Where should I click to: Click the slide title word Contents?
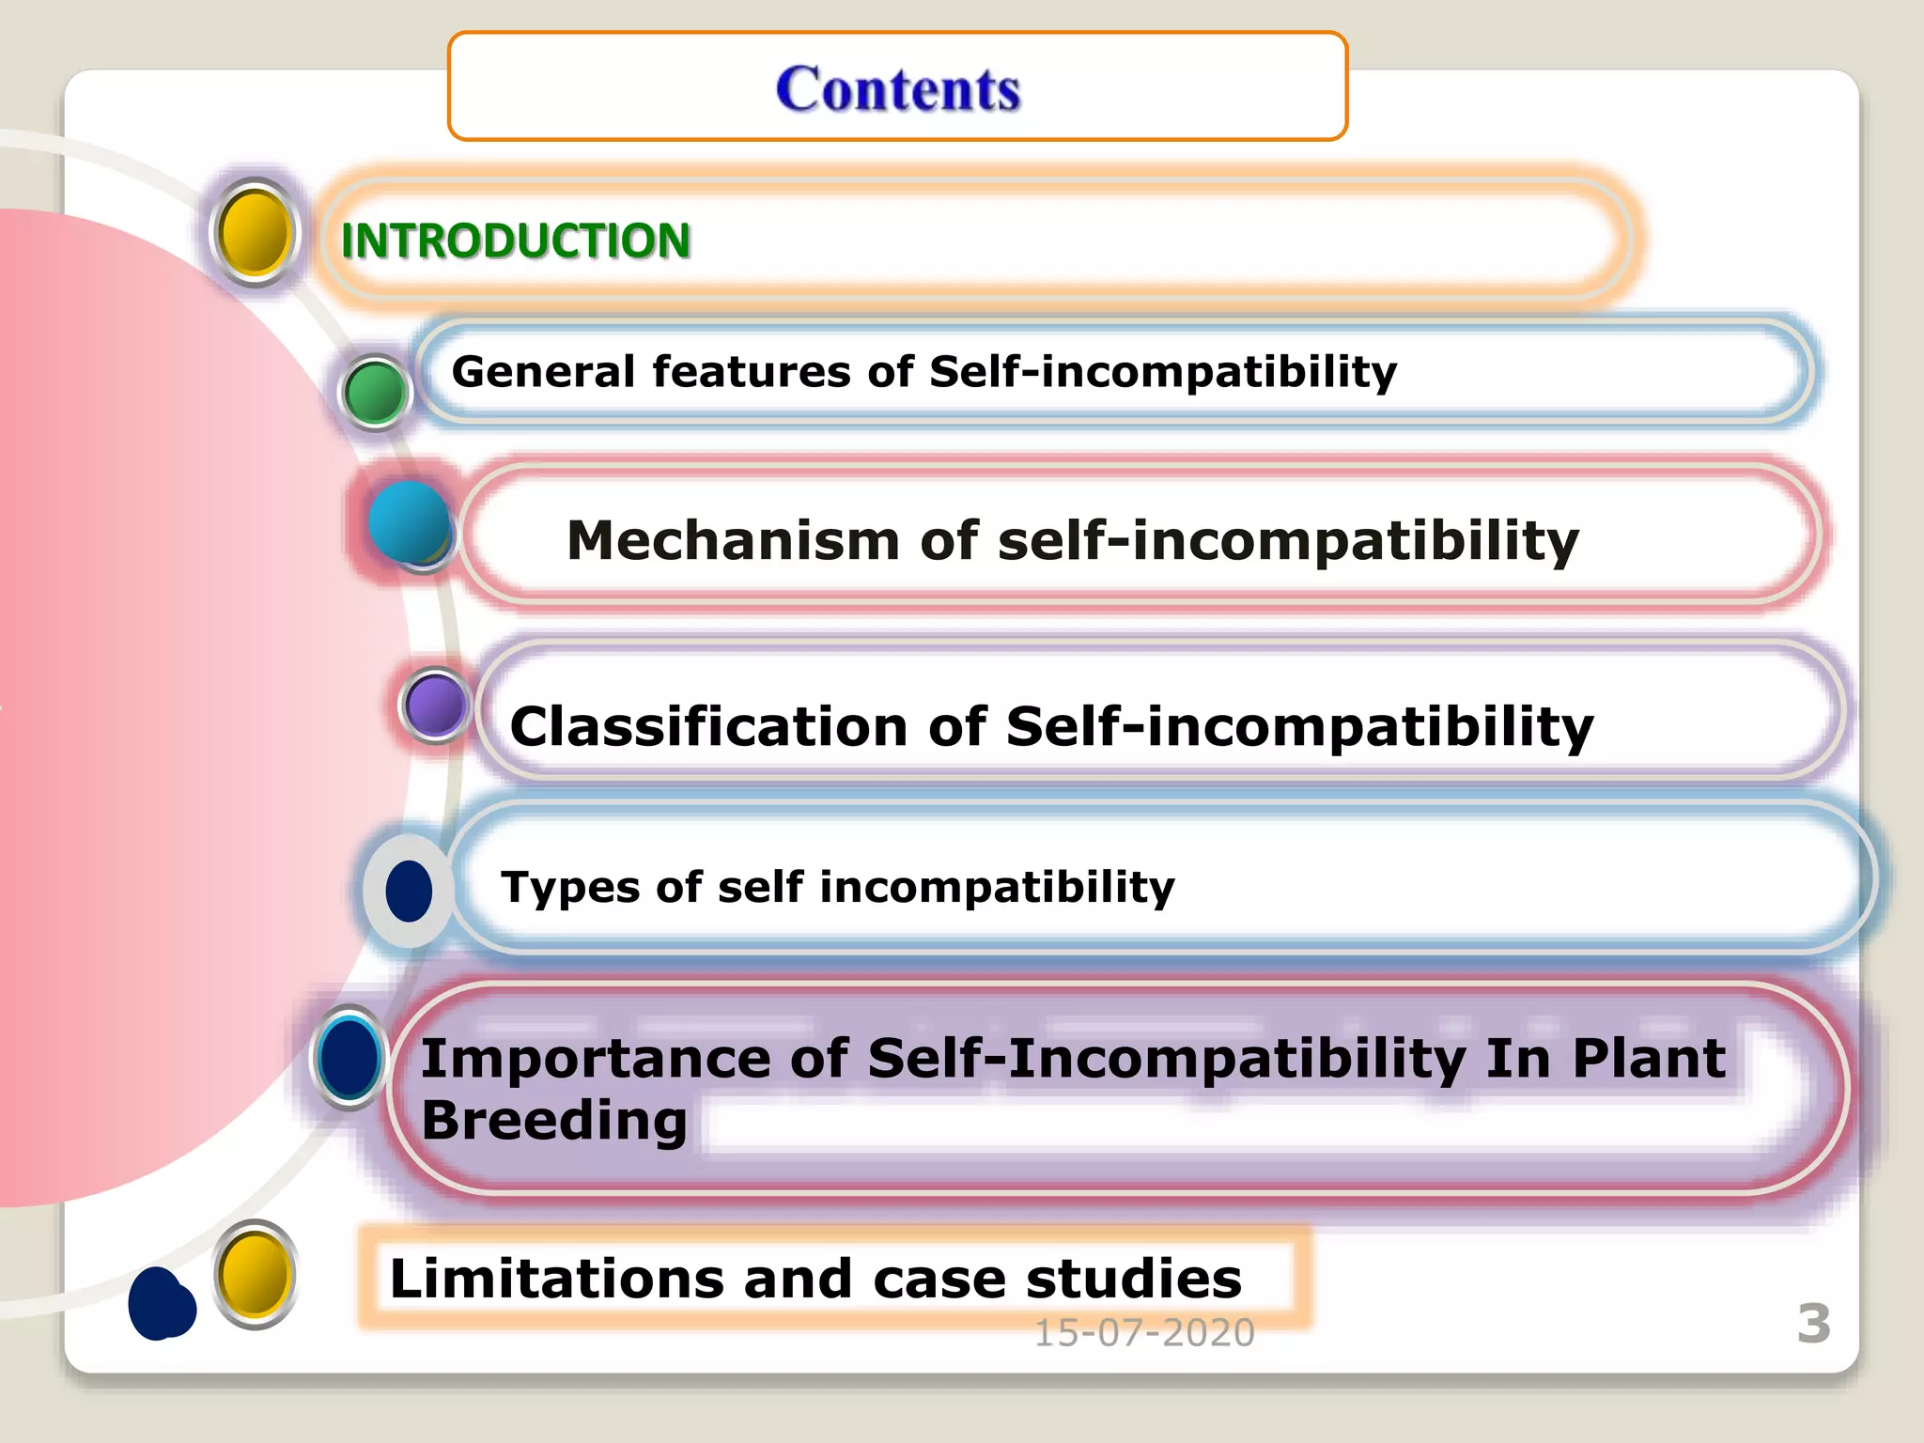[x=897, y=89]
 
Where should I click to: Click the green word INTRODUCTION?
[x=515, y=240]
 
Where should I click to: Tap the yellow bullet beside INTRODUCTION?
[x=254, y=232]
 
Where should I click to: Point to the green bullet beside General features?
[x=374, y=392]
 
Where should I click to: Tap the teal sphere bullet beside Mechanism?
[x=409, y=522]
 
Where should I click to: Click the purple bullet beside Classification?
[x=435, y=705]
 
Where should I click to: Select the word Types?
[x=571, y=887]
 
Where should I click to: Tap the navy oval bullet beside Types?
[x=409, y=891]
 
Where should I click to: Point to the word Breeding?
[x=553, y=1120]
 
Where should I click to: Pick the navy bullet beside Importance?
[x=349, y=1057]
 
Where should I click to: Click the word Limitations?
[x=557, y=1279]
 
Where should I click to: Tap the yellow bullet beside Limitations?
[x=254, y=1274]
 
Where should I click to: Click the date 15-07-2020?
[x=1143, y=1333]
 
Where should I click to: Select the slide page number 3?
[x=1813, y=1324]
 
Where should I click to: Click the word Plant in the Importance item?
[x=1648, y=1059]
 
